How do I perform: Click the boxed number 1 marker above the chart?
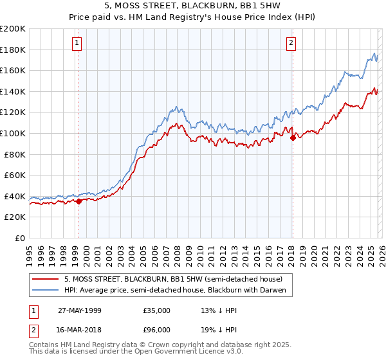click(x=77, y=43)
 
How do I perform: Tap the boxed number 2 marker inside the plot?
click(x=291, y=43)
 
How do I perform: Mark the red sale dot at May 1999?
click(x=79, y=201)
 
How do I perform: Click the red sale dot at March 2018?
click(x=293, y=137)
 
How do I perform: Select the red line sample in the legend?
click(x=46, y=280)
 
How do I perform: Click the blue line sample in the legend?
click(x=46, y=291)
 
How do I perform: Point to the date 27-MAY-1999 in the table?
click(x=79, y=310)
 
